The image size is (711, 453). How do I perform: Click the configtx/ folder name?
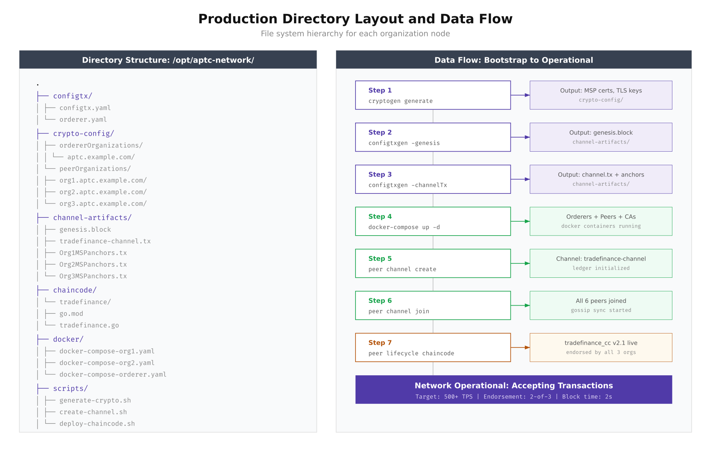coord(73,96)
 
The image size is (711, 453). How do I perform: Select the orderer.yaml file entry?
coord(83,120)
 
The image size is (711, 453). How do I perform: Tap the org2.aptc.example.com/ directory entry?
coord(103,192)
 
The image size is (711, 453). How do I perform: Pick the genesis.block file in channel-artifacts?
coord(85,229)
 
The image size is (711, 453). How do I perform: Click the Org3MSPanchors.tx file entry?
coord(93,276)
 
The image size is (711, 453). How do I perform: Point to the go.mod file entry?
coord(71,314)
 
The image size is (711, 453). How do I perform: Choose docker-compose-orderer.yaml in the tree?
coord(113,374)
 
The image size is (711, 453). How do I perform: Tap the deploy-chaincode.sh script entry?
coord(97,424)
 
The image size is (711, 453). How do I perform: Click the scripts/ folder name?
coord(70,388)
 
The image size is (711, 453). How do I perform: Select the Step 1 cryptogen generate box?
coord(433,95)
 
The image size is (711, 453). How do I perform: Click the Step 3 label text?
coord(380,174)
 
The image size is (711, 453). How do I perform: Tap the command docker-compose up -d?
coord(404,227)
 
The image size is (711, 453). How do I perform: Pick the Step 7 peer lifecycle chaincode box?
coord(433,347)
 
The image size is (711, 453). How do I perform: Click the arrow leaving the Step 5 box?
coord(520,263)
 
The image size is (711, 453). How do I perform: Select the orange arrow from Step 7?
coord(520,347)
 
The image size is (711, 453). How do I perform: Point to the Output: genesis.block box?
coord(600,137)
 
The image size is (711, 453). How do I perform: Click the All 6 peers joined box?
coord(600,306)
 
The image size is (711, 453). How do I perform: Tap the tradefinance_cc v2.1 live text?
coord(600,343)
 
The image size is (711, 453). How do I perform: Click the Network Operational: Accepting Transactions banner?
coord(514,390)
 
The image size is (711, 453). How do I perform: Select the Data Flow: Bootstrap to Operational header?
coord(514,60)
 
